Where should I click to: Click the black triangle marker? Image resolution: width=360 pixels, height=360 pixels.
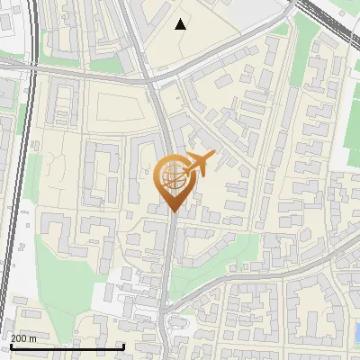point(181,24)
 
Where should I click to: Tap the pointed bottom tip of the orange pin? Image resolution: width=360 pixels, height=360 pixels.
point(173,211)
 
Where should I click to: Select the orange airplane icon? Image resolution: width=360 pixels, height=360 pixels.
point(198,163)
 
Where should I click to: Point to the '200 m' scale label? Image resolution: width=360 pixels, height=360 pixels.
point(23,338)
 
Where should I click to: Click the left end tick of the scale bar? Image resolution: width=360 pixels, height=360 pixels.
point(10,346)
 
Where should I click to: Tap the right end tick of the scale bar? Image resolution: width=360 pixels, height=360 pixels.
point(123,346)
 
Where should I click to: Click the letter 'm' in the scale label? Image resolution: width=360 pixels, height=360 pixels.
point(33,338)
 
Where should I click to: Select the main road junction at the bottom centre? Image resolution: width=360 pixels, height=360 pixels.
point(167,311)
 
